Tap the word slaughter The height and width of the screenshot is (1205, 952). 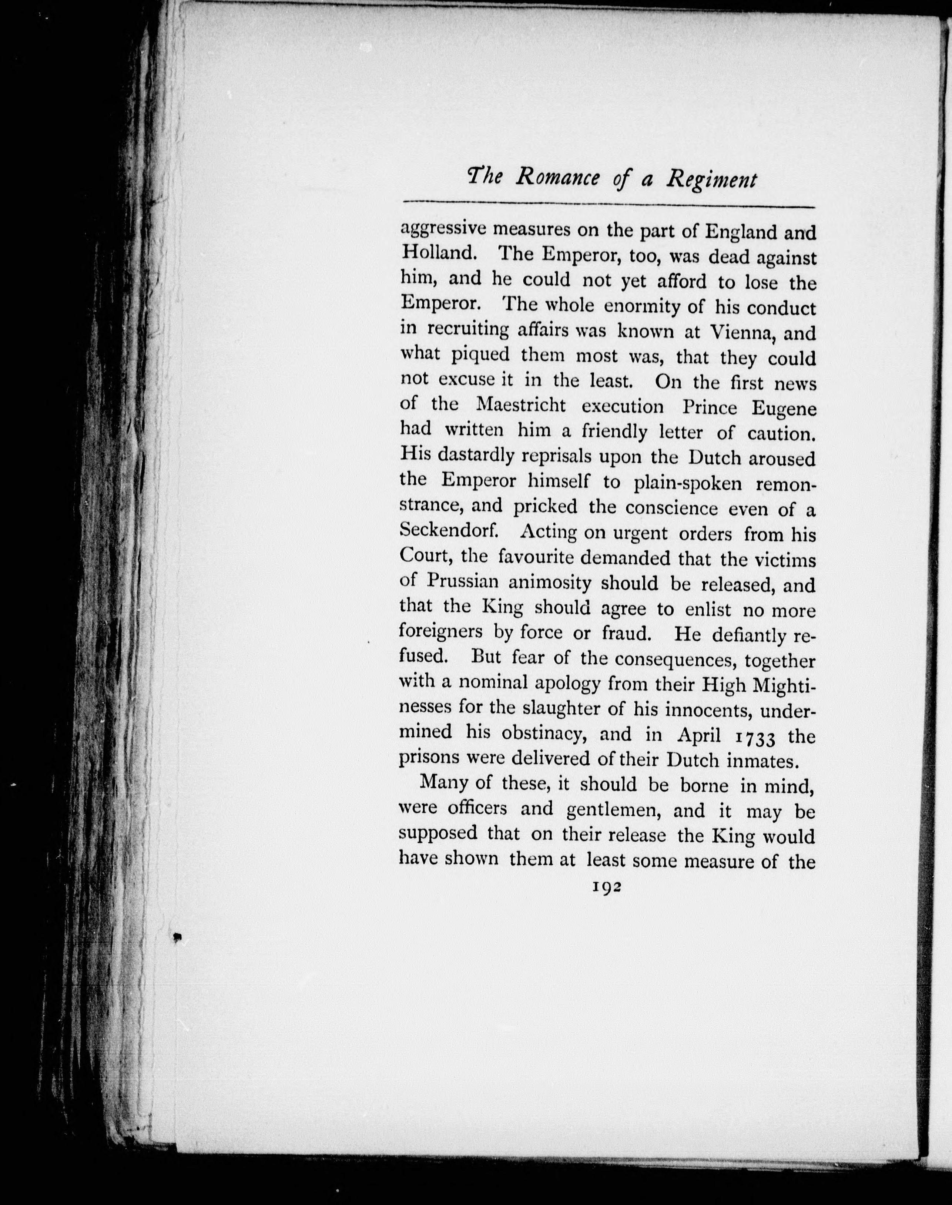point(574,709)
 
